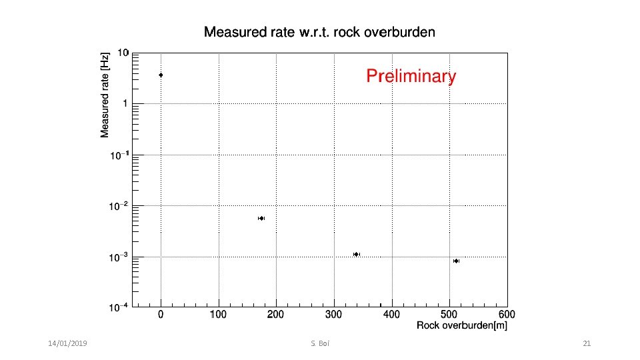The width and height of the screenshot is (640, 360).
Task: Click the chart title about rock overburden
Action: (319, 32)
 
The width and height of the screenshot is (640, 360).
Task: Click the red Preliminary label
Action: (411, 77)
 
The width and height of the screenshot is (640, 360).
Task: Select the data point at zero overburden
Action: (161, 75)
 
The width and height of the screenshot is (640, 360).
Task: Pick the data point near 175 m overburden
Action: (261, 218)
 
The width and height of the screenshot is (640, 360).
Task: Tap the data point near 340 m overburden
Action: (357, 254)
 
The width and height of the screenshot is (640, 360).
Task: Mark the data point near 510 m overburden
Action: (456, 261)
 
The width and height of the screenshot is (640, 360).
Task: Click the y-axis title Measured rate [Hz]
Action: (105, 96)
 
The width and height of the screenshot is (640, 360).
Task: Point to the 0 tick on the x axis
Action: (161, 314)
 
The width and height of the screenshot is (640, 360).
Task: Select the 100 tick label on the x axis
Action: (218, 314)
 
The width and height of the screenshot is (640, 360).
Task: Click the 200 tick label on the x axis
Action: (275, 314)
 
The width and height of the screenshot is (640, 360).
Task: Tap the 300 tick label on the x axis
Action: (333, 314)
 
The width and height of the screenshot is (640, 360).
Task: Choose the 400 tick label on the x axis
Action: (391, 314)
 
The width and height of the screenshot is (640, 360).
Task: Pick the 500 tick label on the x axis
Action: (449, 314)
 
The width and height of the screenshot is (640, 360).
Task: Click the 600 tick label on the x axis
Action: (506, 314)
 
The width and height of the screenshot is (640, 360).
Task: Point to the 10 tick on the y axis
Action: (123, 52)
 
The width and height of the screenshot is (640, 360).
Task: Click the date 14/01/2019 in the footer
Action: (67, 343)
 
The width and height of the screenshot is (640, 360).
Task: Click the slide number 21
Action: (587, 343)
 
